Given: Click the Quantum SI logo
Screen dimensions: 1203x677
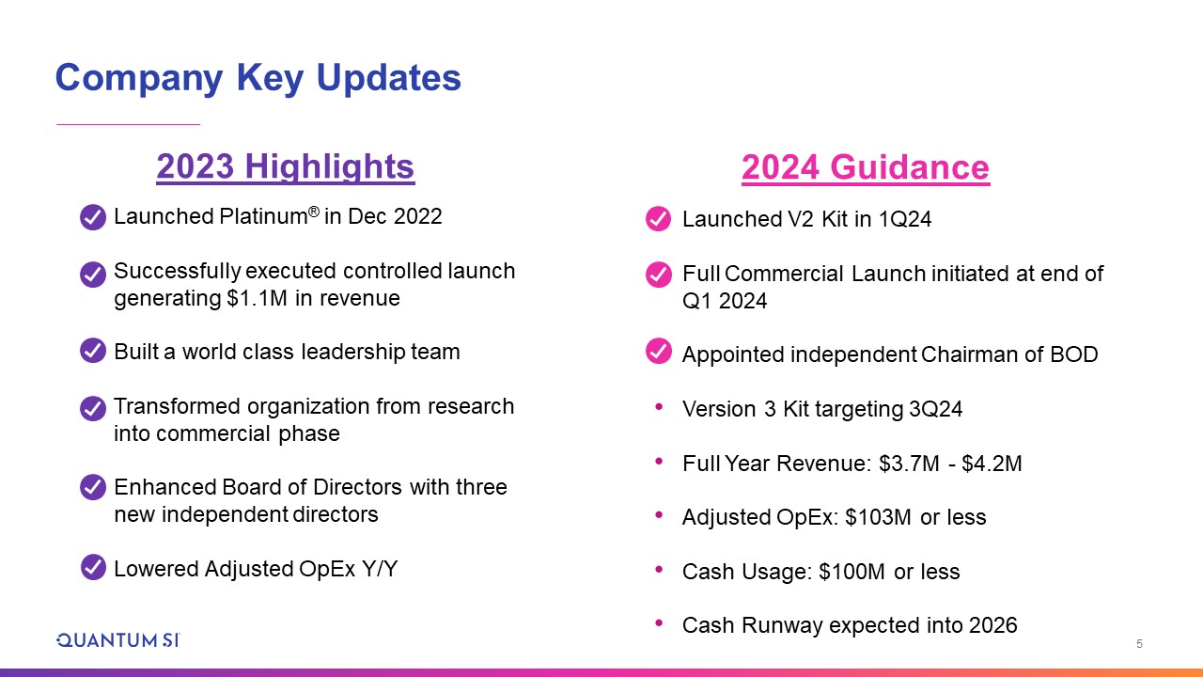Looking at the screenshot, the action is coord(118,640).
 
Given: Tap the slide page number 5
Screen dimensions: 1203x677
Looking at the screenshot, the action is coord(1139,644).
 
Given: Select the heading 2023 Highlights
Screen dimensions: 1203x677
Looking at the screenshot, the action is coord(285,166).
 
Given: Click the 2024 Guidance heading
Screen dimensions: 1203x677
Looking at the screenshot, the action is coord(866,167).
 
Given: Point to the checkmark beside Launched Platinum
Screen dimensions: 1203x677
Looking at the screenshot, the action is coord(93,217).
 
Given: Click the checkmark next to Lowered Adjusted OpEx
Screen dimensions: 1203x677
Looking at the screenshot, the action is coord(93,567).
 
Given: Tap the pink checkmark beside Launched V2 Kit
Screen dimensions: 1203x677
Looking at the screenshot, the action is coord(659,219).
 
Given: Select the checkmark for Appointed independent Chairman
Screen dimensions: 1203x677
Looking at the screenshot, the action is coord(659,352).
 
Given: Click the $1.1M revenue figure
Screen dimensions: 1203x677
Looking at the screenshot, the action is coord(257,298).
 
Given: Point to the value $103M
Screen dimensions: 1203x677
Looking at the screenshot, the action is coord(878,517).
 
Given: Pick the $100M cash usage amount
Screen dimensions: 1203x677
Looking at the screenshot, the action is coord(851,571).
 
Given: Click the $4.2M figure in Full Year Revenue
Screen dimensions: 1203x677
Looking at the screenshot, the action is coord(992,464).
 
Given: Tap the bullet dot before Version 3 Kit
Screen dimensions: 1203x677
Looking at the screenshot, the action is coord(659,407).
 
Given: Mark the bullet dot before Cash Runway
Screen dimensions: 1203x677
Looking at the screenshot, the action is coord(659,623).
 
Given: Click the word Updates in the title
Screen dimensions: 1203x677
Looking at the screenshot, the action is coord(389,78).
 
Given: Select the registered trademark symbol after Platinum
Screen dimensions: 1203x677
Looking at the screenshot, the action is coord(314,212).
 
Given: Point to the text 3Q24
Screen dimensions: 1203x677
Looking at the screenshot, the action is coord(935,409).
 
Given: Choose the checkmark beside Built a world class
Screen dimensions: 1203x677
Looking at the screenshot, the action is coord(93,351).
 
